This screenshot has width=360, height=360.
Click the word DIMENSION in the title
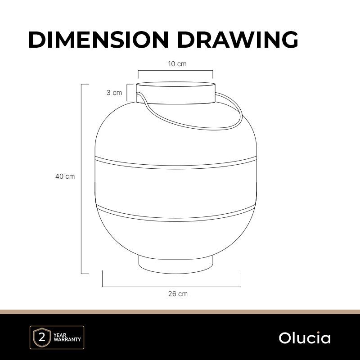pyautogui.click(x=99, y=40)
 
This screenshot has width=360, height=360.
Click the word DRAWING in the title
pyautogui.click(x=238, y=40)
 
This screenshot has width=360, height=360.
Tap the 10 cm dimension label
pyautogui.click(x=177, y=63)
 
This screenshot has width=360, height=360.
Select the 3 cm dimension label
pyautogui.click(x=114, y=93)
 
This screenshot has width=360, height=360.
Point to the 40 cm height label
pyautogui.click(x=65, y=176)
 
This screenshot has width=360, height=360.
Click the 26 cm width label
pyautogui.click(x=178, y=294)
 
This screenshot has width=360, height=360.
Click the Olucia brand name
pyautogui.click(x=305, y=338)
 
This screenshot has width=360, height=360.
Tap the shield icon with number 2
pyautogui.click(x=42, y=337)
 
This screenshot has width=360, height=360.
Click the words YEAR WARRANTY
pyautogui.click(x=67, y=337)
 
